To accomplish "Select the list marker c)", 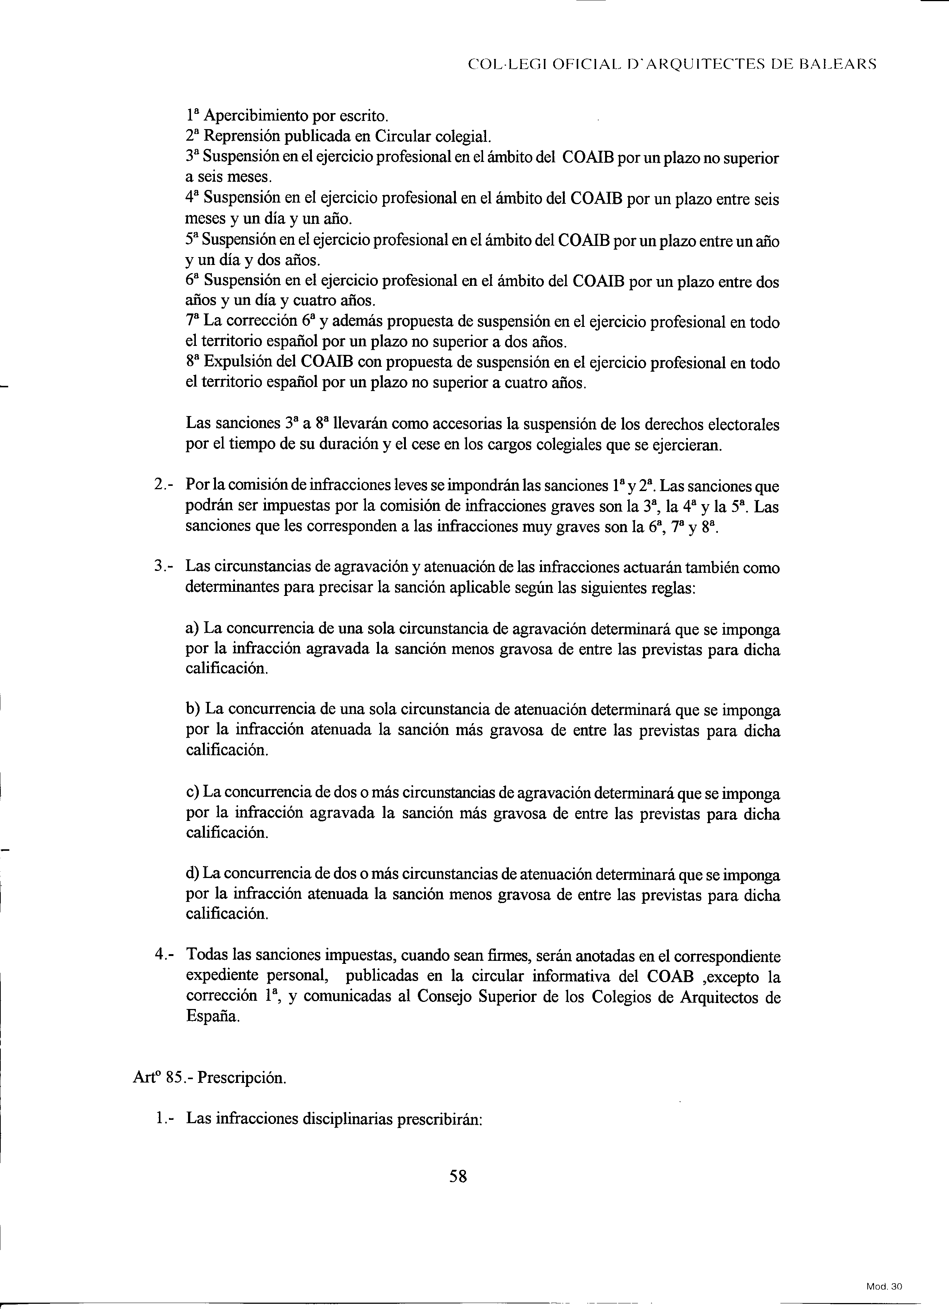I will point(193,793).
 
